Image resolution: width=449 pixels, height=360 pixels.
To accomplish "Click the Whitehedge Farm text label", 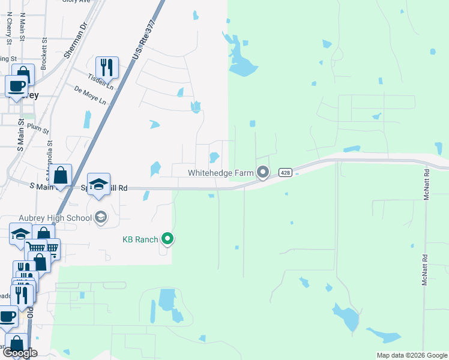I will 220,173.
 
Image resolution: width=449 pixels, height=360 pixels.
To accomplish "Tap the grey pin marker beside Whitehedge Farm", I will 263,173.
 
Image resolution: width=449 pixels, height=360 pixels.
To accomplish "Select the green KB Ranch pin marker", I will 168,240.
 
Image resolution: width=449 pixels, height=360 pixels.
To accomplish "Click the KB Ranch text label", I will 140,239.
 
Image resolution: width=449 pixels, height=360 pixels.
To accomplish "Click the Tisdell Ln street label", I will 100,79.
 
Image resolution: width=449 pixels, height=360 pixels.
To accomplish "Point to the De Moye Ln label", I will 90,95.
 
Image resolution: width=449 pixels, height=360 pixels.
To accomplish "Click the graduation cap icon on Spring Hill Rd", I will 99,184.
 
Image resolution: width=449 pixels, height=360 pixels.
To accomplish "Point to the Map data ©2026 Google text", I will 411,355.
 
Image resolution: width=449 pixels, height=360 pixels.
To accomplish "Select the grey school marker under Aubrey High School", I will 101,217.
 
